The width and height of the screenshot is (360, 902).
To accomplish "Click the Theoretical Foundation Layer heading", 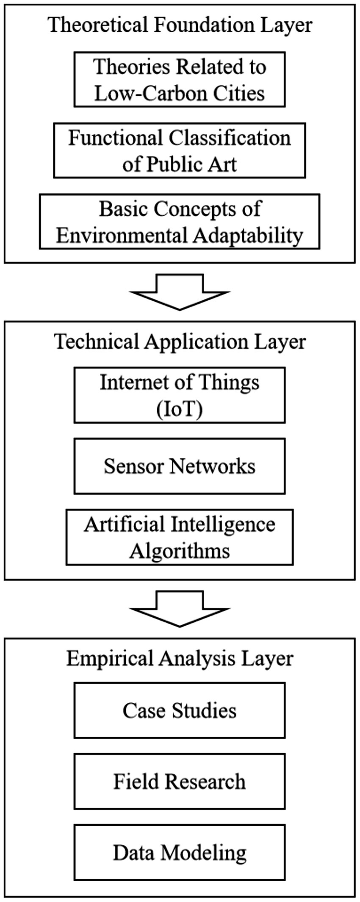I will tap(180, 25).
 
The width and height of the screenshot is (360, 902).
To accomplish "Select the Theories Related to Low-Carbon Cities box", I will tap(180, 79).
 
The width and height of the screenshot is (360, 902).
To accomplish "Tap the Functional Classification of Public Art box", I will tap(180, 150).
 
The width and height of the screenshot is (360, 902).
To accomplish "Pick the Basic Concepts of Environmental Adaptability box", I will tap(180, 221).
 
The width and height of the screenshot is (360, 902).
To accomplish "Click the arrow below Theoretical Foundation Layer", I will tap(180, 292).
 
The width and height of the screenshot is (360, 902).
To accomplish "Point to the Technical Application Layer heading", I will tap(180, 341).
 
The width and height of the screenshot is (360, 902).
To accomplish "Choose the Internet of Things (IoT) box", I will tap(180, 395).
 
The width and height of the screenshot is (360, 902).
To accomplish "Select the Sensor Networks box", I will tap(180, 466).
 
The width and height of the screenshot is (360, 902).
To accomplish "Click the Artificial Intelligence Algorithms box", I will tap(180, 537).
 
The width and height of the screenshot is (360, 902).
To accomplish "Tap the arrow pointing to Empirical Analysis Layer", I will tap(180, 608).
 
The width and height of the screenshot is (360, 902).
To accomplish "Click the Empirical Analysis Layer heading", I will tap(180, 658).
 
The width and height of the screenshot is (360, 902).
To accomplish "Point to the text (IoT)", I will tap(180, 409).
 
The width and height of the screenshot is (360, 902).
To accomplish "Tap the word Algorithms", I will tap(180, 551).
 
